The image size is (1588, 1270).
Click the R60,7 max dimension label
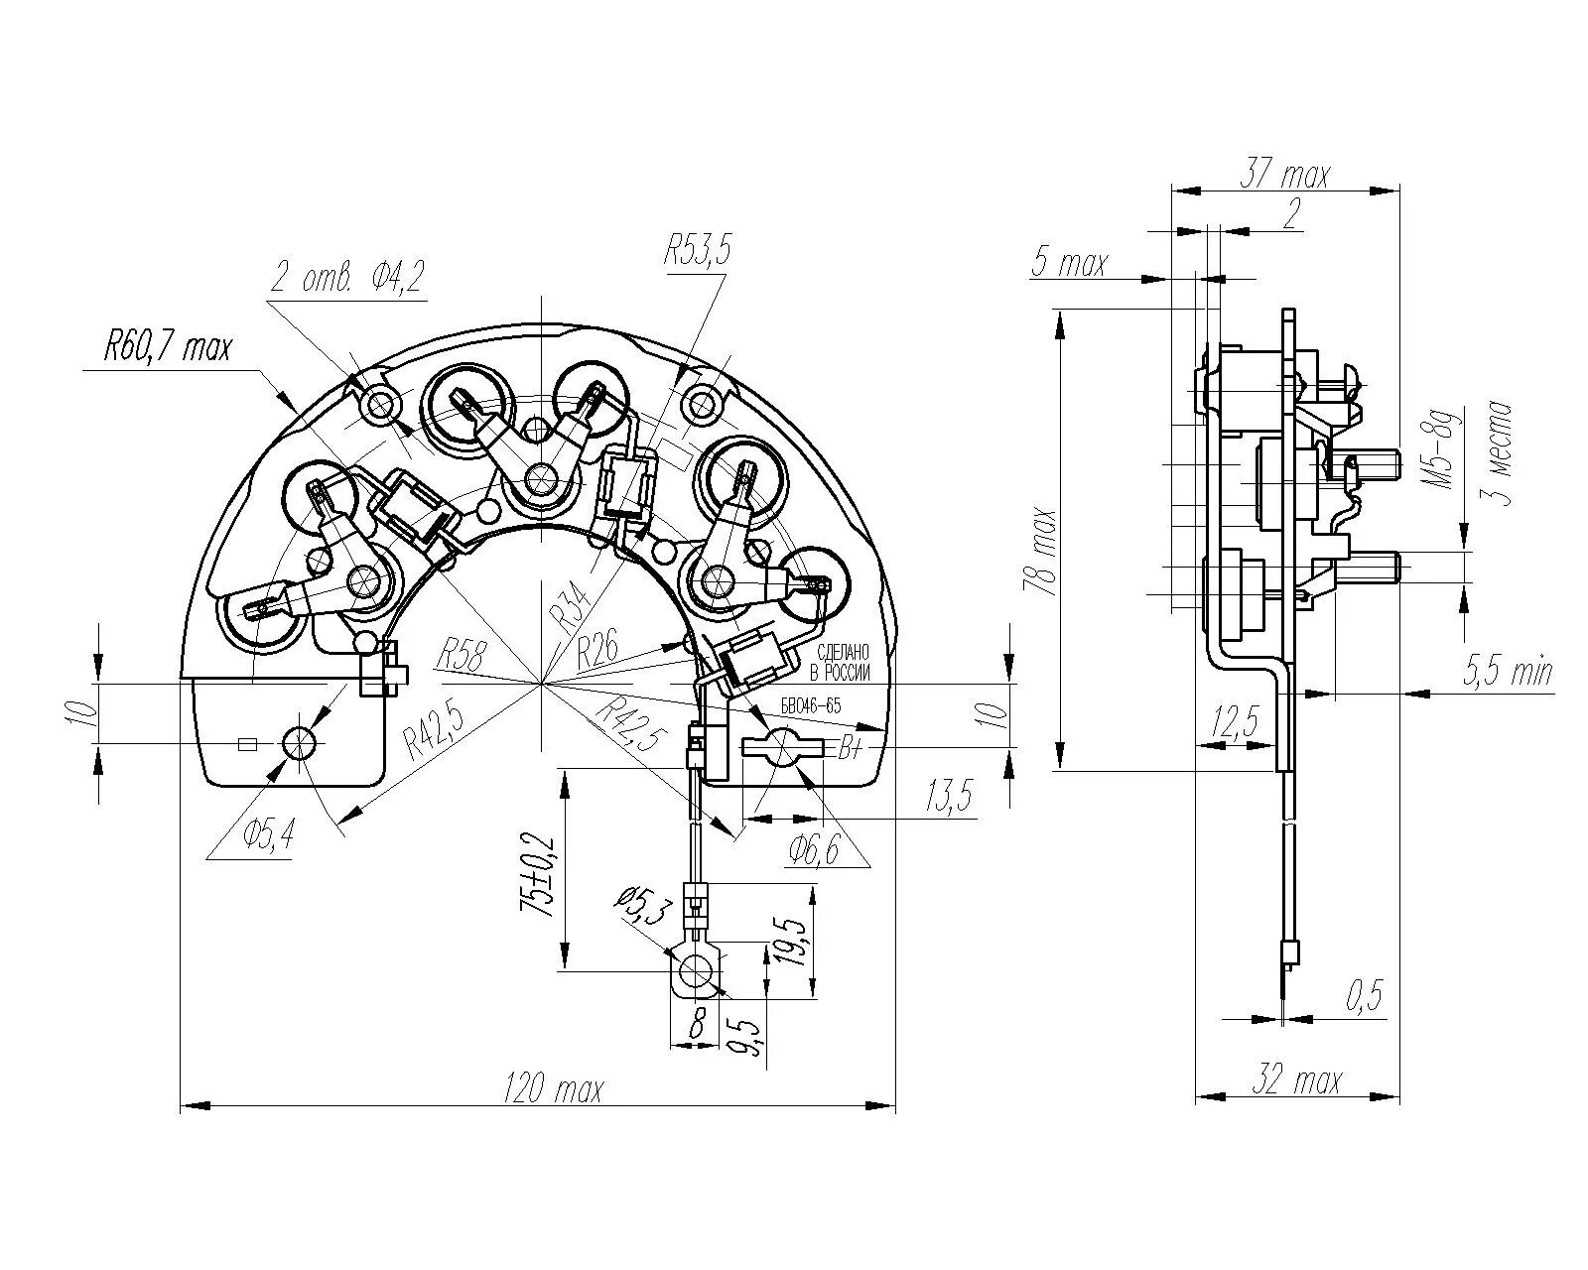click(x=167, y=348)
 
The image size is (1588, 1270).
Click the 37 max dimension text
click(x=1284, y=176)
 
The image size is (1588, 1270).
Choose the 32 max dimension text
click(x=1297, y=1080)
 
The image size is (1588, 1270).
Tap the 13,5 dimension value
click(x=950, y=796)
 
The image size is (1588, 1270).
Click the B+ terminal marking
click(x=851, y=749)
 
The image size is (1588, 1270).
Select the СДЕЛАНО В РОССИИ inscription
click(x=842, y=663)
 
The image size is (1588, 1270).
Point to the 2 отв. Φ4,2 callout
click(x=347, y=280)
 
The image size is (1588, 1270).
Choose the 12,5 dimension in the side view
click(x=1235, y=722)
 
